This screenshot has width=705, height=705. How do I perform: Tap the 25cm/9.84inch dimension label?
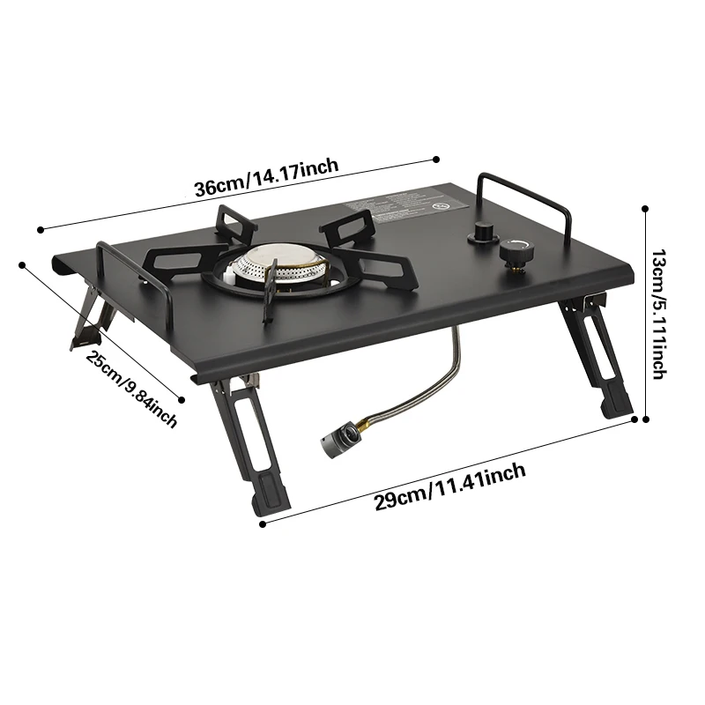tap(131, 389)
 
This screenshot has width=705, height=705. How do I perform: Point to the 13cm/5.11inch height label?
tap(658, 314)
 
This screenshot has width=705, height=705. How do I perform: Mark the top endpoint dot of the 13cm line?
tap(646, 209)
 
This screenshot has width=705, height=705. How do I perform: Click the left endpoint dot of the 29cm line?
tap(262, 524)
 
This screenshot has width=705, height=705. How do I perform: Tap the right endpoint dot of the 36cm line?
tap(436, 159)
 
